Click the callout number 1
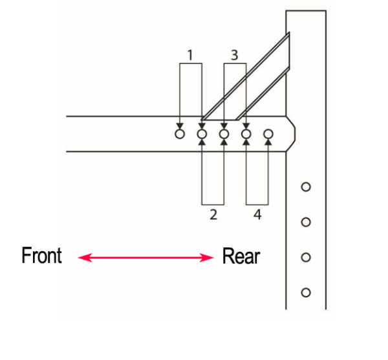pyautogui.click(x=190, y=55)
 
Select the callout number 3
pyautogui.click(x=235, y=55)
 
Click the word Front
pyautogui.click(x=41, y=256)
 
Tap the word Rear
pyautogui.click(x=241, y=256)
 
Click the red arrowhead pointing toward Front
pyautogui.click(x=82, y=258)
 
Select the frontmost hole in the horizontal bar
pyautogui.click(x=180, y=135)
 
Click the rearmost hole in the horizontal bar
pyautogui.click(x=268, y=135)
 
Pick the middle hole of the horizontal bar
pyautogui.click(x=224, y=135)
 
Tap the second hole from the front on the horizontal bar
pyautogui.click(x=202, y=135)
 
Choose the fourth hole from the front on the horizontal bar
pyautogui.click(x=246, y=135)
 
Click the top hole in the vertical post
pyautogui.click(x=307, y=187)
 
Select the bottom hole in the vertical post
pyautogui.click(x=307, y=291)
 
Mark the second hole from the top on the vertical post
pyautogui.click(x=307, y=222)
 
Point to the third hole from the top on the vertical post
pyautogui.click(x=307, y=257)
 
